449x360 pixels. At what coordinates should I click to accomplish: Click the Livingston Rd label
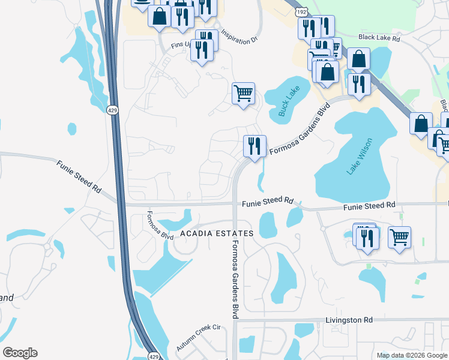349,320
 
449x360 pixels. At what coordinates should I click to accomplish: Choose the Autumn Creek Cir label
199,339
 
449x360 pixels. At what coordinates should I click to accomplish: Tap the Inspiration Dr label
239,37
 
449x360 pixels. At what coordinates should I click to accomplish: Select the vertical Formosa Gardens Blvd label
235,279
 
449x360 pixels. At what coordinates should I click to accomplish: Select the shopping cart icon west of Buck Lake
244,93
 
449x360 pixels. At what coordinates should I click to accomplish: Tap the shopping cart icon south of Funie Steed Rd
399,237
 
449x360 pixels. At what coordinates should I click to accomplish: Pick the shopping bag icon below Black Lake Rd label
358,59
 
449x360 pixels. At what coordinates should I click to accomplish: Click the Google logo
20,353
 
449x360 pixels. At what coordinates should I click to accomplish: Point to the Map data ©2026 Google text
412,355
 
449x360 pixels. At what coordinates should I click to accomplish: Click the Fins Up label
180,44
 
